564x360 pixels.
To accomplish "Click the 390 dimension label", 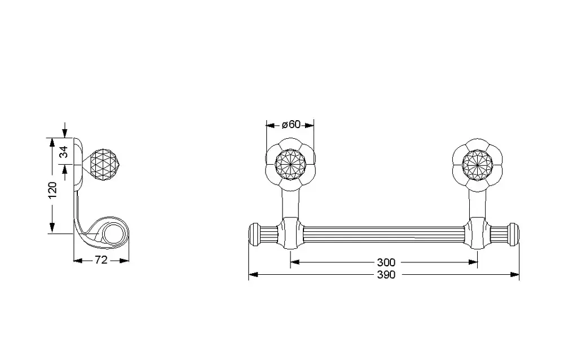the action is [x=386, y=275].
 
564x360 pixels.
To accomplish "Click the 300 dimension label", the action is [x=386, y=262].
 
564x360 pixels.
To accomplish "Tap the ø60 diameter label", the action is [x=290, y=125].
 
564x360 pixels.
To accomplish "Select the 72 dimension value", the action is [x=101, y=260].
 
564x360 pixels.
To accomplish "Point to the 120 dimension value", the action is [x=52, y=190].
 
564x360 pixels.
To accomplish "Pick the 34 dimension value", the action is [x=64, y=152].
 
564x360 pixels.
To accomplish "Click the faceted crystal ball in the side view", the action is [x=103, y=165].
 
